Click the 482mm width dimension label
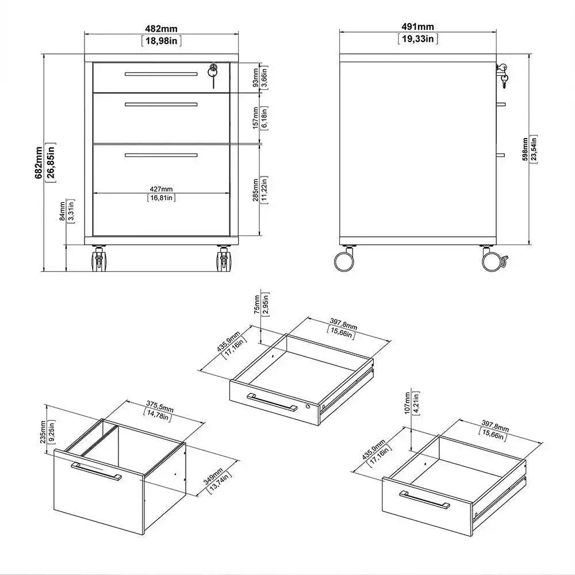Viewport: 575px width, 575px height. pos(160,26)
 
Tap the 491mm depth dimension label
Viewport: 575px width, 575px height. pos(417,26)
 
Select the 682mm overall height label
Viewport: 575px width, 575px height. pos(38,163)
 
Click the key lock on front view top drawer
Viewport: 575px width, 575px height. pos(213,72)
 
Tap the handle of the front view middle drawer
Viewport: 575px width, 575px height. pos(161,104)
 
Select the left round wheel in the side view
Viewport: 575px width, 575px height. pos(344,260)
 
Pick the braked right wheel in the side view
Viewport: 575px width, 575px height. pos(493,260)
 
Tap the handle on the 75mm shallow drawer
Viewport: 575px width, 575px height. pos(272,401)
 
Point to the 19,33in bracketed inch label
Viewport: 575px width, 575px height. pos(417,39)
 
